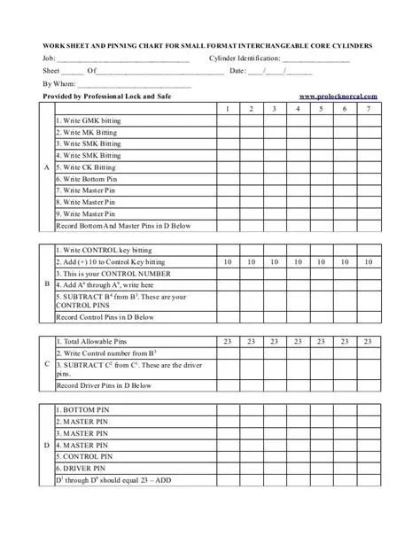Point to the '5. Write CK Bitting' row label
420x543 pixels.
pos(86,166)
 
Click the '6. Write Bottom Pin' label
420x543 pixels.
pos(86,178)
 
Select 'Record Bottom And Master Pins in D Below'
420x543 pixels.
pos(123,225)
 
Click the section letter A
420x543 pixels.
pos(45,167)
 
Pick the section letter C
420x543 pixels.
pos(45,363)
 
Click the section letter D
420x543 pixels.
pos(45,445)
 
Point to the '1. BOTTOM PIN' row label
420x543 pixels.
pos(82,409)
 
